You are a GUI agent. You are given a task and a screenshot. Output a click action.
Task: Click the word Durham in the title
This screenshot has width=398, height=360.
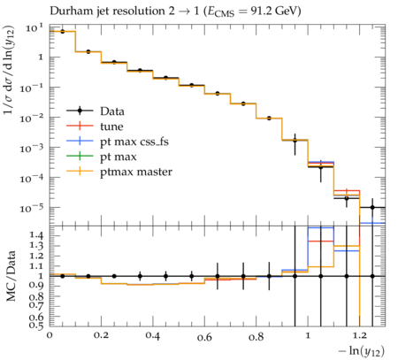coord(69,11)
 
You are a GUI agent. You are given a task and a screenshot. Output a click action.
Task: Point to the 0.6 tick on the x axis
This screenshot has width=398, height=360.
coord(204,337)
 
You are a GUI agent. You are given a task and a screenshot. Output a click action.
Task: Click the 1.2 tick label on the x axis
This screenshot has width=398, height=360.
coord(360,335)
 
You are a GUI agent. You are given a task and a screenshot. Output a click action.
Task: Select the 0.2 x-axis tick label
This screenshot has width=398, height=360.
coord(101,335)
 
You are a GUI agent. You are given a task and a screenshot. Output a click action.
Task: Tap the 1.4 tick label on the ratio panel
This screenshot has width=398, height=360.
coord(36,235)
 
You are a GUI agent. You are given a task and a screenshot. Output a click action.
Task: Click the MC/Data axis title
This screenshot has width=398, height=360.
coord(11,276)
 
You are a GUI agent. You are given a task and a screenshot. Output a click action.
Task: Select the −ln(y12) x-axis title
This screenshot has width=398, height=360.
coord(362,351)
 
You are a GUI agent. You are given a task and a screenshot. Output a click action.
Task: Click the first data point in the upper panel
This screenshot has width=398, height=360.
coord(63,32)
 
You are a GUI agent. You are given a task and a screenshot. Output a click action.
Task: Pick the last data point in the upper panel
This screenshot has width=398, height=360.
coord(372,207)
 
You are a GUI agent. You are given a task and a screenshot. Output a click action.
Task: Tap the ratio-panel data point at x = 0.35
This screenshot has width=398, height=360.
coord(140,276)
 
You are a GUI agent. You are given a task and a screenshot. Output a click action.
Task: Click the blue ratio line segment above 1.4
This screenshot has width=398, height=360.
coord(321,227)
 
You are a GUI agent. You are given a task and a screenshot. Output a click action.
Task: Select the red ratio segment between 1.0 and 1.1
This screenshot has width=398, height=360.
coord(321,241)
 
